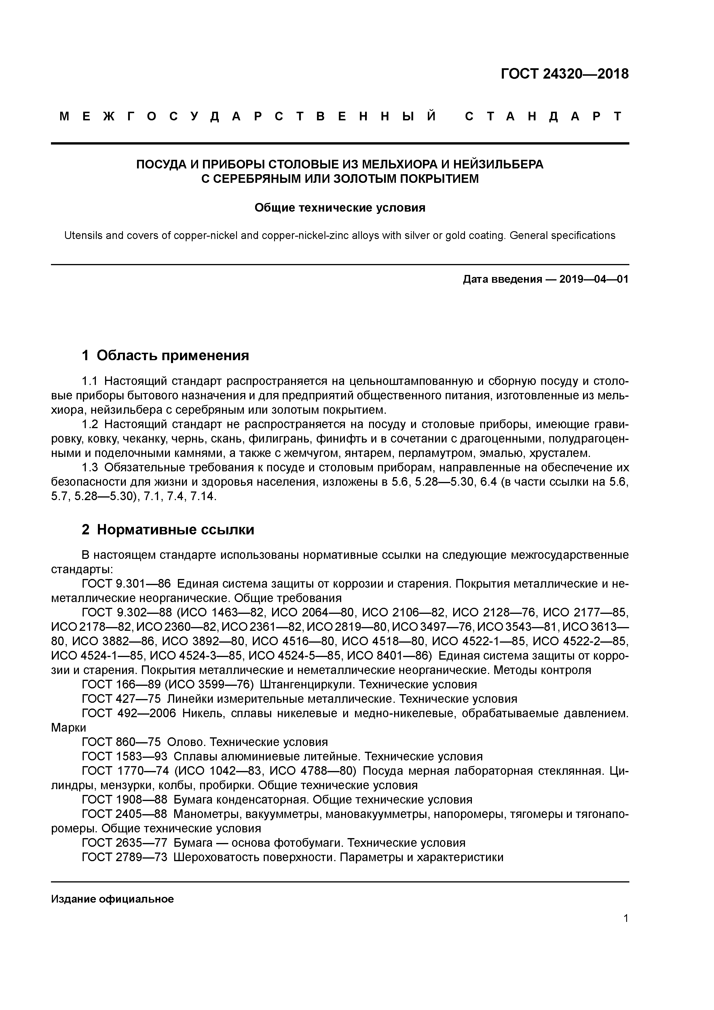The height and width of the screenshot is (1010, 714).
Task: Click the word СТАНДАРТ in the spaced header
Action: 544,117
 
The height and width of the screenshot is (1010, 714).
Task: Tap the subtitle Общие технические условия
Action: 340,208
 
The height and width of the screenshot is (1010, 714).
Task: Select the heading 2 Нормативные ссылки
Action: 168,530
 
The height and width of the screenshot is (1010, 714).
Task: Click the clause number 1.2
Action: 91,424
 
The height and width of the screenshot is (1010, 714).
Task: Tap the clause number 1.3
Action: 91,467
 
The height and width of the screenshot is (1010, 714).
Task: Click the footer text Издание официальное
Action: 112,899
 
